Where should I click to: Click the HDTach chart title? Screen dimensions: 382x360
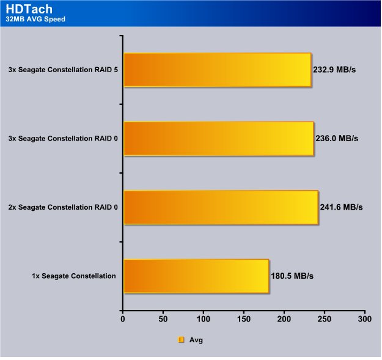tap(29, 9)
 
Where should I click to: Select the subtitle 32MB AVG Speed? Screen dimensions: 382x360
tap(35, 19)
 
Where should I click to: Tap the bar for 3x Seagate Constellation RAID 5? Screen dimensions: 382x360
tap(218, 70)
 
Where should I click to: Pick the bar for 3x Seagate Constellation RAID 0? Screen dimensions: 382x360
tap(219, 139)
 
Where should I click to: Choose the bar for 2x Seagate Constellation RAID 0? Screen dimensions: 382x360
tap(221, 208)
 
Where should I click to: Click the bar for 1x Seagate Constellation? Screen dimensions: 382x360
tap(197, 276)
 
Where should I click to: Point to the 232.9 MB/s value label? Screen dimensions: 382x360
tap(334, 70)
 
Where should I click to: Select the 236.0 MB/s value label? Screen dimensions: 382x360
tap(337, 139)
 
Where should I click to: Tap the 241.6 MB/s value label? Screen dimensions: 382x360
tap(341, 207)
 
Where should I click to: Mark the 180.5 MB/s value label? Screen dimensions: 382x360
tap(292, 276)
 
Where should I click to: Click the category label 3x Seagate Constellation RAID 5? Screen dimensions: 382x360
tap(63, 70)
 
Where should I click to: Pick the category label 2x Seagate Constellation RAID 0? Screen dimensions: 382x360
tap(63, 207)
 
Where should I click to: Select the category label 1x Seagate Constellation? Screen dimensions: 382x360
tap(74, 276)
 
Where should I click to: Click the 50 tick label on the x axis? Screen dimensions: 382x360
tap(163, 319)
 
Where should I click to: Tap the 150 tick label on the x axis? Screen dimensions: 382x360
tap(244, 319)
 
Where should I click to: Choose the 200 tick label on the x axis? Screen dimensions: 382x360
tap(284, 319)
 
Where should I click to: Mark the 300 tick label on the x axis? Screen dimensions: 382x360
tap(365, 319)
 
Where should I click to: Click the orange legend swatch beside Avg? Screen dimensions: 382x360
tap(181, 340)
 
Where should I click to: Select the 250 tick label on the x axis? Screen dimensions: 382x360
tap(325, 319)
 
